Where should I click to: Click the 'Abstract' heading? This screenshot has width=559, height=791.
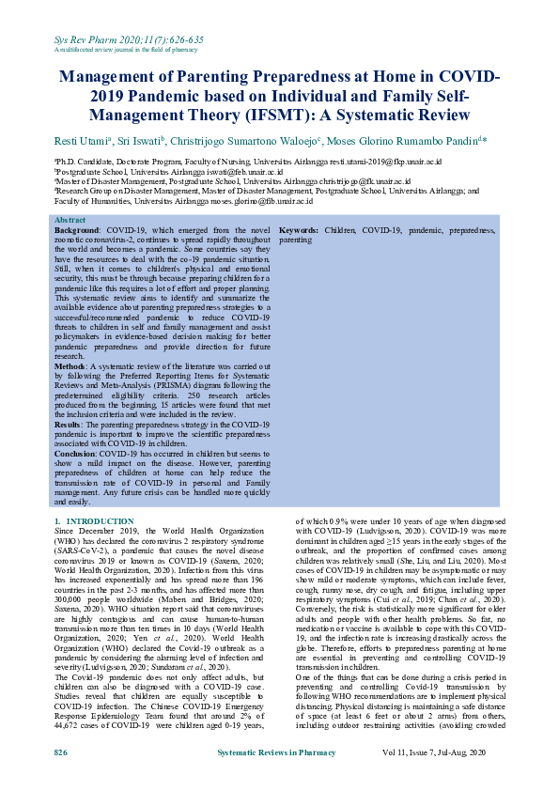coord(70,220)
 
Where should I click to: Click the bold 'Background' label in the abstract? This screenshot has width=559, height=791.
coord(76,230)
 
